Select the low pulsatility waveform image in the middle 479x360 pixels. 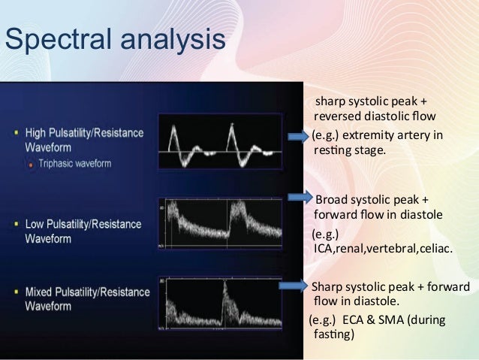(x=220, y=223)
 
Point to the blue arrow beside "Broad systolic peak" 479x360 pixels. (x=300, y=198)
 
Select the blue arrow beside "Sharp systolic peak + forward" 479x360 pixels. (x=294, y=286)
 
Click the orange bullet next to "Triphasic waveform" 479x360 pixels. (x=30, y=162)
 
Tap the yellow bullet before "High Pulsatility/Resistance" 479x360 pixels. (x=17, y=132)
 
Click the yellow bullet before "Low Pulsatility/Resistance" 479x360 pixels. (x=17, y=224)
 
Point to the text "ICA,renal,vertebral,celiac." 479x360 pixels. (x=381, y=248)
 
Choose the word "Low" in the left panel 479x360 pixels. (x=35, y=224)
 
